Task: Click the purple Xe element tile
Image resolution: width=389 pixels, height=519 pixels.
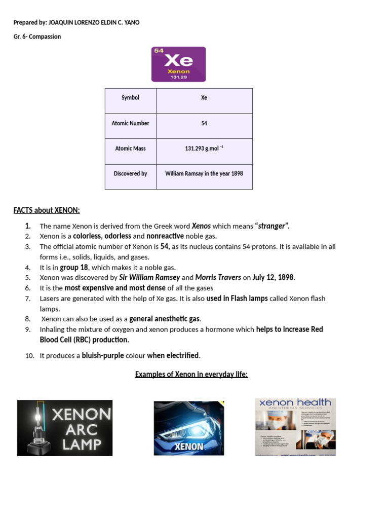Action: coord(178,64)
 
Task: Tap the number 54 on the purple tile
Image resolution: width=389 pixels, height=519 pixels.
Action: coord(159,51)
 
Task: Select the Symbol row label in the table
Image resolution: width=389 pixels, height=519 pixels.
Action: coord(130,98)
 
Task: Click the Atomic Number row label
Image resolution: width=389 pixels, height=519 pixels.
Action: coord(130,123)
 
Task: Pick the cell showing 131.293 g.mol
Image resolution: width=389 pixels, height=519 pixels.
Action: coord(204,149)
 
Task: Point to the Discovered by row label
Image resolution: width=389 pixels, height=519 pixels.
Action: coord(130,174)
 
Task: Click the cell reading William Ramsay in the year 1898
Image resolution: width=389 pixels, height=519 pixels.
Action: coord(204,174)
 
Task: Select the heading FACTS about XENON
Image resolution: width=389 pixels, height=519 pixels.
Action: coord(47,210)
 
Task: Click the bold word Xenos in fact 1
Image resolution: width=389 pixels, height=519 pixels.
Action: coord(201,226)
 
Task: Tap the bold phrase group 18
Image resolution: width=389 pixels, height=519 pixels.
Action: coord(74,267)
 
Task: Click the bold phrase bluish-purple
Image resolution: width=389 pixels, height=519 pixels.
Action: coord(103,355)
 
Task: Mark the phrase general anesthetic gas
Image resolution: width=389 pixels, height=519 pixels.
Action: coord(165,319)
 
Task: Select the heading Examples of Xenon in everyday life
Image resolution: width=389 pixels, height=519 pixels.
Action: coord(191,375)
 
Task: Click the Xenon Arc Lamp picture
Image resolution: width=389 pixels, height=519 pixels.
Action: coord(65,428)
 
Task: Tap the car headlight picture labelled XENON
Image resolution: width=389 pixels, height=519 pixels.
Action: coord(188,428)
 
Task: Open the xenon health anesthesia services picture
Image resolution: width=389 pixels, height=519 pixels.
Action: coord(295,427)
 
